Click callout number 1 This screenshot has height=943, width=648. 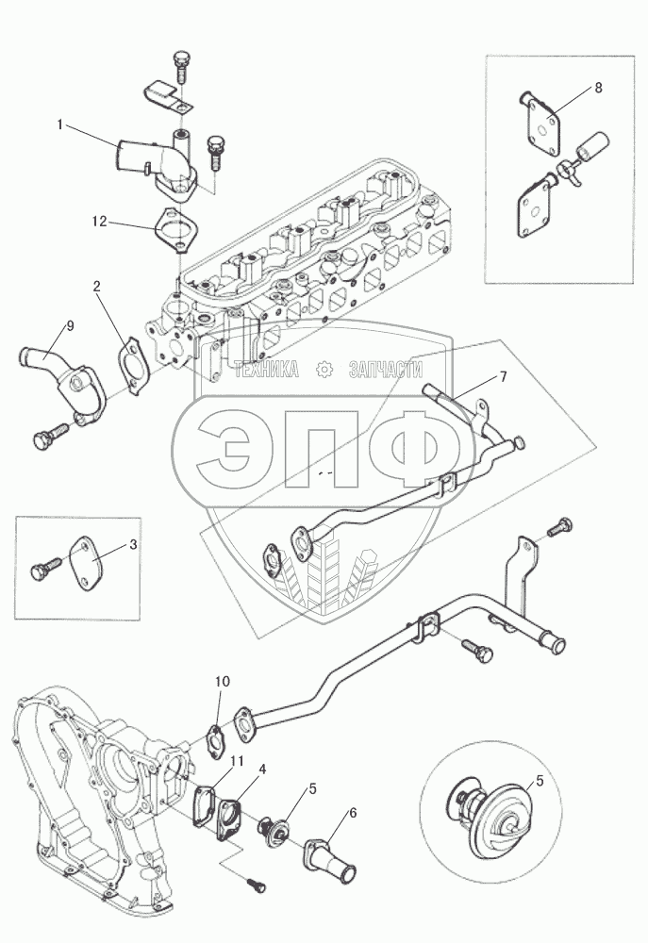(x=59, y=124)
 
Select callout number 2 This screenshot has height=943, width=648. (x=96, y=286)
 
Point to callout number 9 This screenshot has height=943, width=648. (x=69, y=326)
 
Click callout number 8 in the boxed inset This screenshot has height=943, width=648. (x=597, y=88)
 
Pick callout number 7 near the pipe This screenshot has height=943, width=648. (x=503, y=377)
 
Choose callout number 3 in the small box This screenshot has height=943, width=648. (x=133, y=544)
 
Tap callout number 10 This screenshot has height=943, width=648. (x=222, y=681)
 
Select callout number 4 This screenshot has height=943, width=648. (x=263, y=769)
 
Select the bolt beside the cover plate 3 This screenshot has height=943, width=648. (x=47, y=571)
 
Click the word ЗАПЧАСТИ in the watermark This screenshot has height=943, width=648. (x=384, y=371)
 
